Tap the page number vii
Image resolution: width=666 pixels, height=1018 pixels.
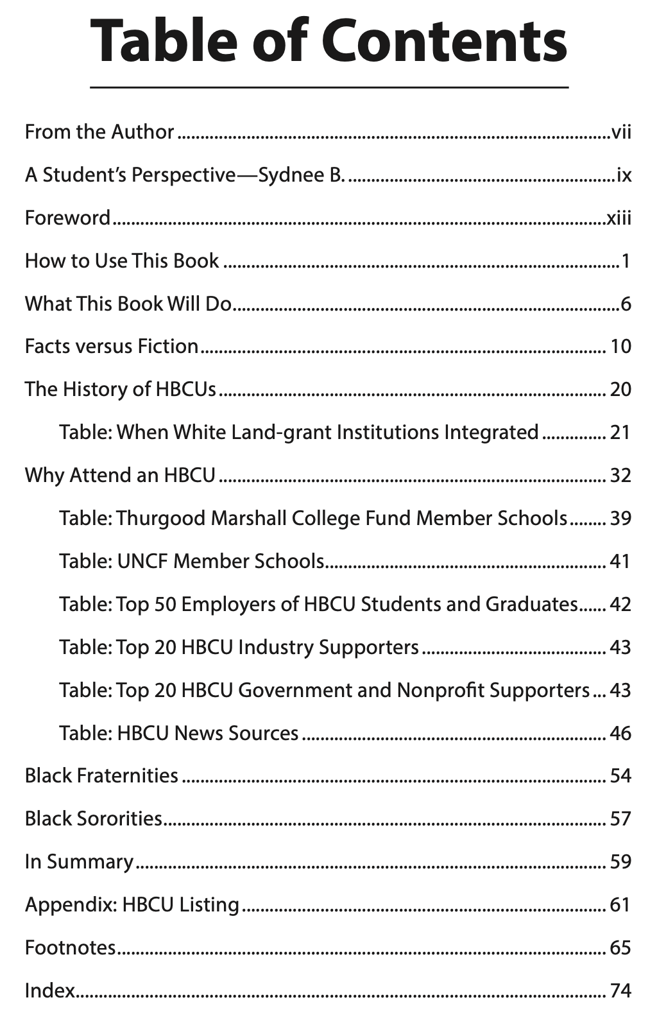(621, 133)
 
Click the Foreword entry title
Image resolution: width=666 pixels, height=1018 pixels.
(67, 218)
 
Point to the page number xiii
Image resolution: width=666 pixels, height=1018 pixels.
(619, 218)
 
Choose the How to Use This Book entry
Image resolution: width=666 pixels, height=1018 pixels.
(122, 261)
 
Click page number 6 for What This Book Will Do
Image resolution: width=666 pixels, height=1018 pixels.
(626, 304)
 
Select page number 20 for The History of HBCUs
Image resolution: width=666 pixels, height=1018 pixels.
(620, 390)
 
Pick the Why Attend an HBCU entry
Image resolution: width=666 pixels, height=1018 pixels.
(120, 476)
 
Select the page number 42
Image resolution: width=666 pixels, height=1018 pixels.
(620, 605)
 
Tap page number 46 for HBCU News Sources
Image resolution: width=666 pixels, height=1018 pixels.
(620, 734)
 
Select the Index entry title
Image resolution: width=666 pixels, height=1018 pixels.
(50, 991)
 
